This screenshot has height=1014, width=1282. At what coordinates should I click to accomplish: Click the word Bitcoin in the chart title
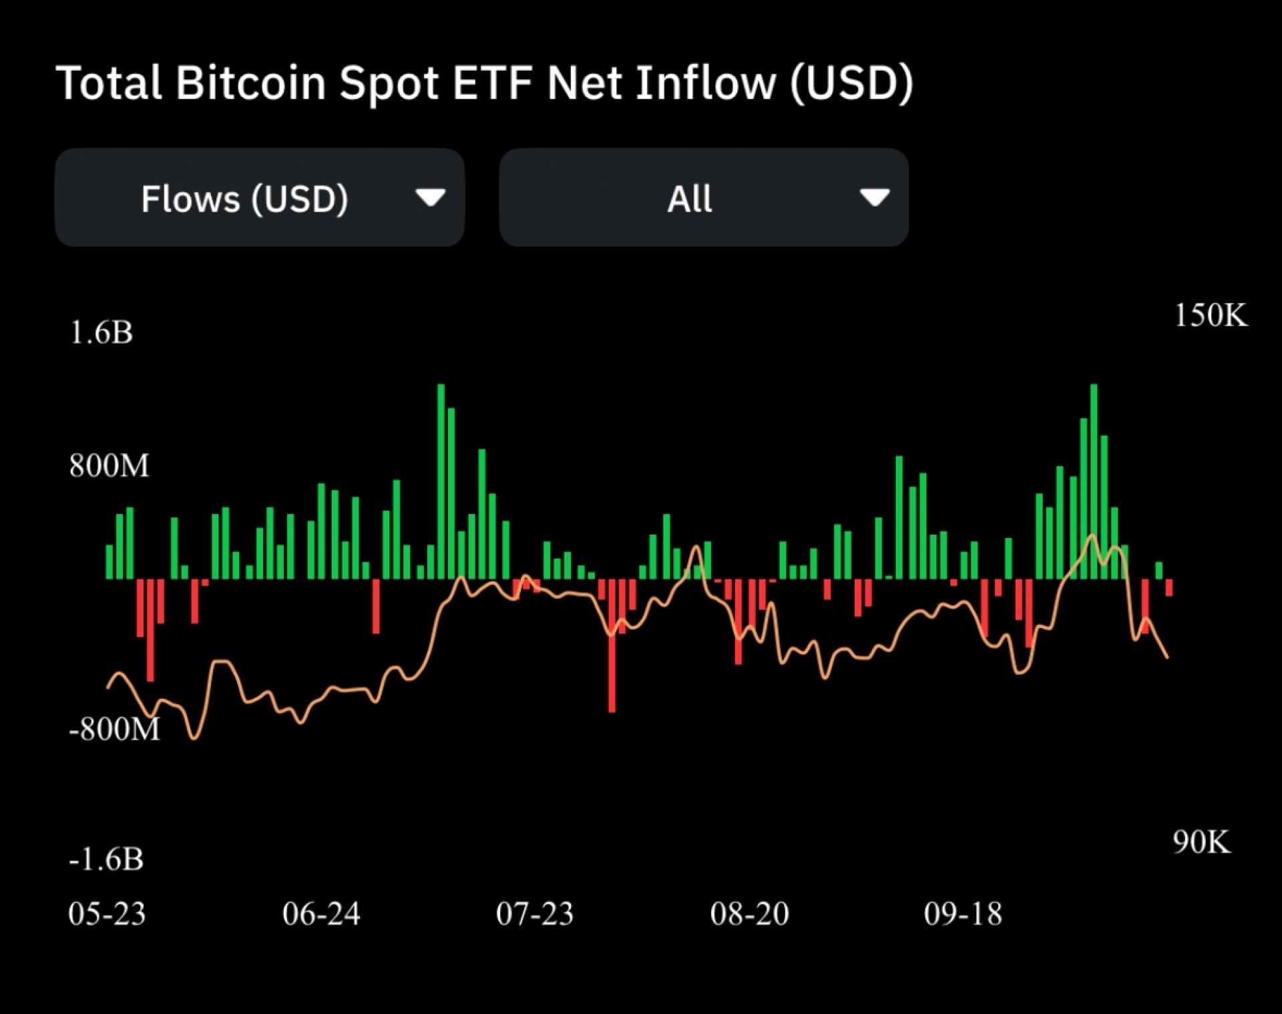(x=250, y=83)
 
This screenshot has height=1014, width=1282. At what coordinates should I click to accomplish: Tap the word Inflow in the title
(x=705, y=83)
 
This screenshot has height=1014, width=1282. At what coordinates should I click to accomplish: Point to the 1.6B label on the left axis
(x=101, y=332)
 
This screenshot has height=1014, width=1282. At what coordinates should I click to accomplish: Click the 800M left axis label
(x=110, y=466)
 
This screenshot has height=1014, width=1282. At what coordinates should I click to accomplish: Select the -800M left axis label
(x=114, y=729)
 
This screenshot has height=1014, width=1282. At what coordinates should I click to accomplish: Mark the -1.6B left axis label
(x=106, y=859)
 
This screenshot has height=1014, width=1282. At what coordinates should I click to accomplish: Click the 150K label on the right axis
(x=1211, y=315)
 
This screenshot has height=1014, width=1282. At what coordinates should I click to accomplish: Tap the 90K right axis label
(x=1201, y=842)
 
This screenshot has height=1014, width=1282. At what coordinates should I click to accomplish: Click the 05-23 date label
(x=107, y=914)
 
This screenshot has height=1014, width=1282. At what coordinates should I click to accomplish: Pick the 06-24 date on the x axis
(x=321, y=914)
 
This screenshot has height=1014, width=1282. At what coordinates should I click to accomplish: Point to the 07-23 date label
(x=535, y=914)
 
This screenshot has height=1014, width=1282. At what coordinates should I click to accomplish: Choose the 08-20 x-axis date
(x=749, y=914)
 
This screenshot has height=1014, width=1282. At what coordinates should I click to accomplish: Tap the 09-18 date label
(x=963, y=914)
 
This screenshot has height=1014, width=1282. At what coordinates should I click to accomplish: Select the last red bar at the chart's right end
(x=1168, y=587)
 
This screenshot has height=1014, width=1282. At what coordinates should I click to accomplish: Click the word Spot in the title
(x=389, y=83)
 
